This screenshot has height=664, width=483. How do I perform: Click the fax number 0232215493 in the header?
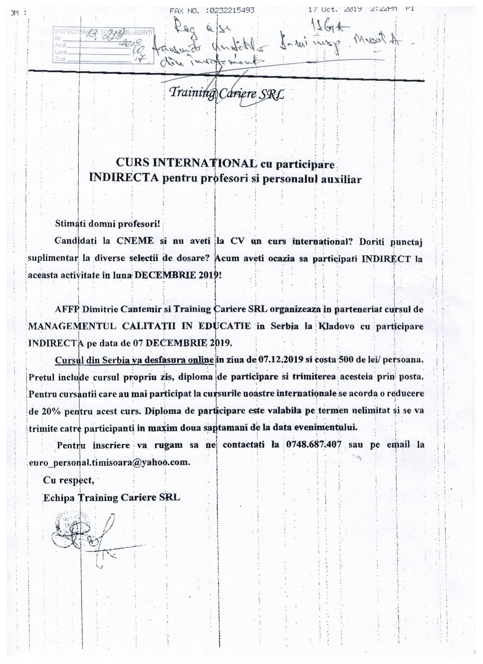(x=232, y=11)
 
